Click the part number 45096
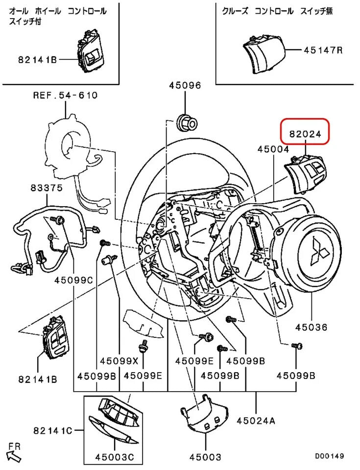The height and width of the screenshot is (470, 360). click(185, 85)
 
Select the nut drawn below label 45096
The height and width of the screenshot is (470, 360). click(186, 122)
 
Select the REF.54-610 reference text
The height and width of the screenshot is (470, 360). click(65, 95)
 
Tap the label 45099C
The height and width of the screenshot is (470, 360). click(73, 281)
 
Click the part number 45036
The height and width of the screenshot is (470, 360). click(311, 327)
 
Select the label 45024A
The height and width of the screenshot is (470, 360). click(257, 420)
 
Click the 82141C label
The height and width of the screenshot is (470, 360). click(53, 430)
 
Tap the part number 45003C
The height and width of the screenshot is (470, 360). click(115, 457)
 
